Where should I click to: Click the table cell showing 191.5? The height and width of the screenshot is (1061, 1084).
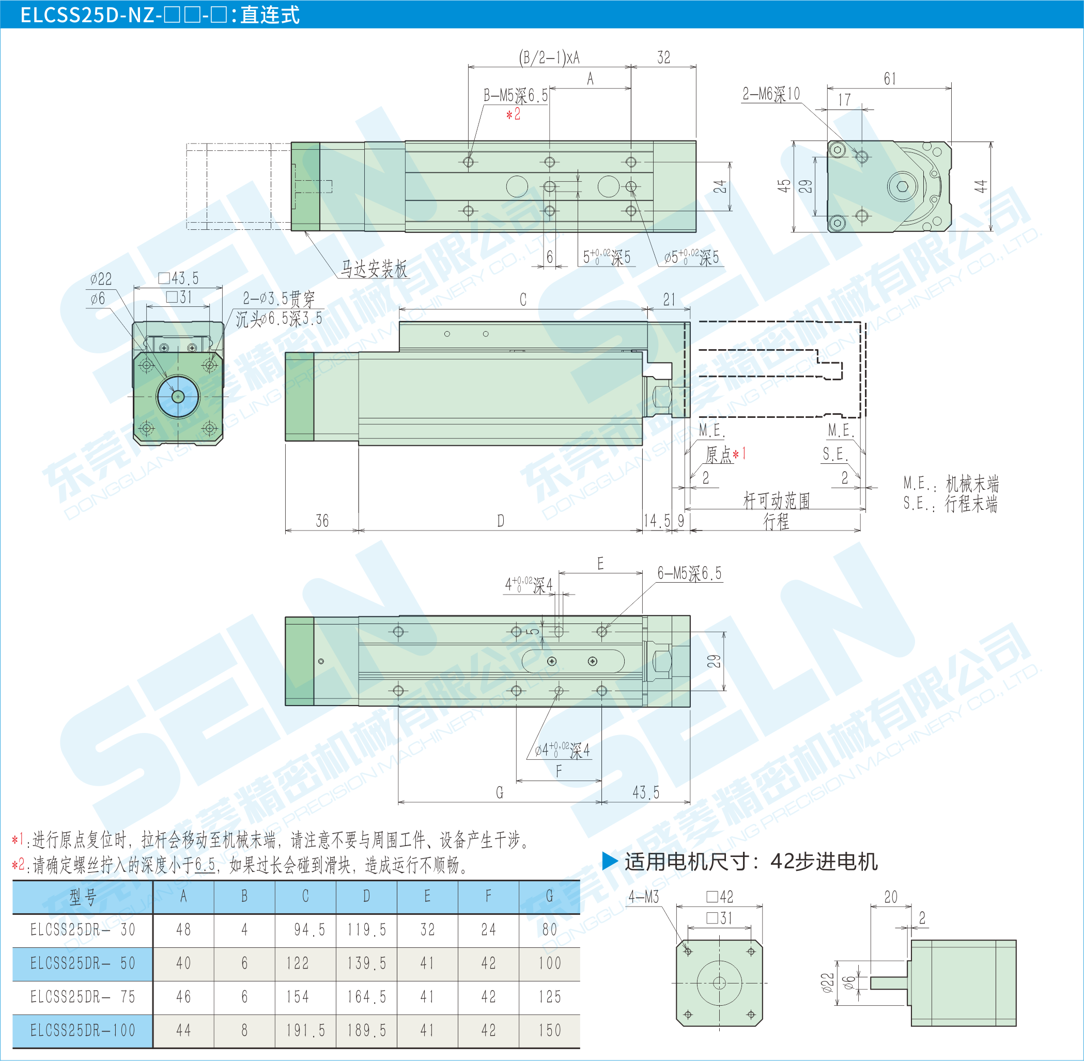click(305, 1031)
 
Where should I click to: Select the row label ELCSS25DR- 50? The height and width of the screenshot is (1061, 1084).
click(83, 963)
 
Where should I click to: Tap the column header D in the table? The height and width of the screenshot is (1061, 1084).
click(366, 896)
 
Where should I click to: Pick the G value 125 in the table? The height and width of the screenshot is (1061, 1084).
click(550, 996)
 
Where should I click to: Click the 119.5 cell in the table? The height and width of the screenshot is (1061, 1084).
click(366, 929)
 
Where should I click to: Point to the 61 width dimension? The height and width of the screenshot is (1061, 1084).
click(890, 79)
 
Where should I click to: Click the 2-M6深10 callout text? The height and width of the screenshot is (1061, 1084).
click(771, 94)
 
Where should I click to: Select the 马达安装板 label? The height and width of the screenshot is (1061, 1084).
click(374, 269)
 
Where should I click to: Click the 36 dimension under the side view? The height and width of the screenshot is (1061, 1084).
click(322, 521)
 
